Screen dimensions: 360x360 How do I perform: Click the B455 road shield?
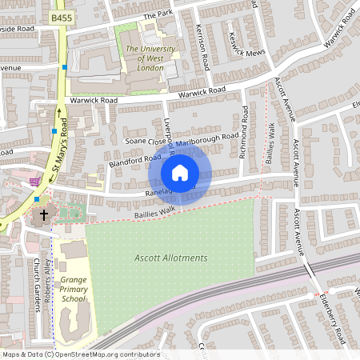[x=59, y=17]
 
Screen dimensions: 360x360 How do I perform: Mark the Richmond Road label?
[x=245, y=133]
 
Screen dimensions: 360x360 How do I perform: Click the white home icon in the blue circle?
[x=180, y=173]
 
